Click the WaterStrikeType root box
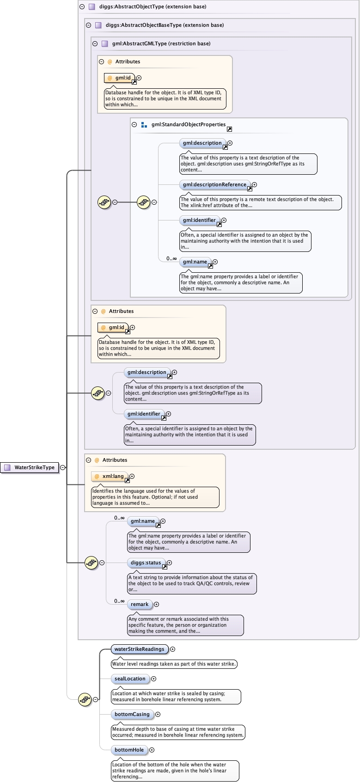click(31, 467)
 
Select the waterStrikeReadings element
click(139, 649)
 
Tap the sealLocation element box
click(130, 679)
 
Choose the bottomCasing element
click(132, 714)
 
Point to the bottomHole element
click(129, 750)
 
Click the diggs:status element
click(146, 563)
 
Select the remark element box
click(140, 604)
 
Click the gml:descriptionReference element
click(214, 184)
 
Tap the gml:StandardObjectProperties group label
click(188, 124)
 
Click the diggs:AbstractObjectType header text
click(146, 6)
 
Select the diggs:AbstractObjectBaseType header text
click(165, 25)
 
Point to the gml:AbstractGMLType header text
click(161, 43)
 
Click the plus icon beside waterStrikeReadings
click(173, 649)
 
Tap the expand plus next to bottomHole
click(152, 750)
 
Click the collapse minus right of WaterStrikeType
click(63, 467)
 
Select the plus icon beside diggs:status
click(170, 563)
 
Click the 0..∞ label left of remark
click(119, 601)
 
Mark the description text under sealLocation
click(176, 696)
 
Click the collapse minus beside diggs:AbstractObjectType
click(82, 6)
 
